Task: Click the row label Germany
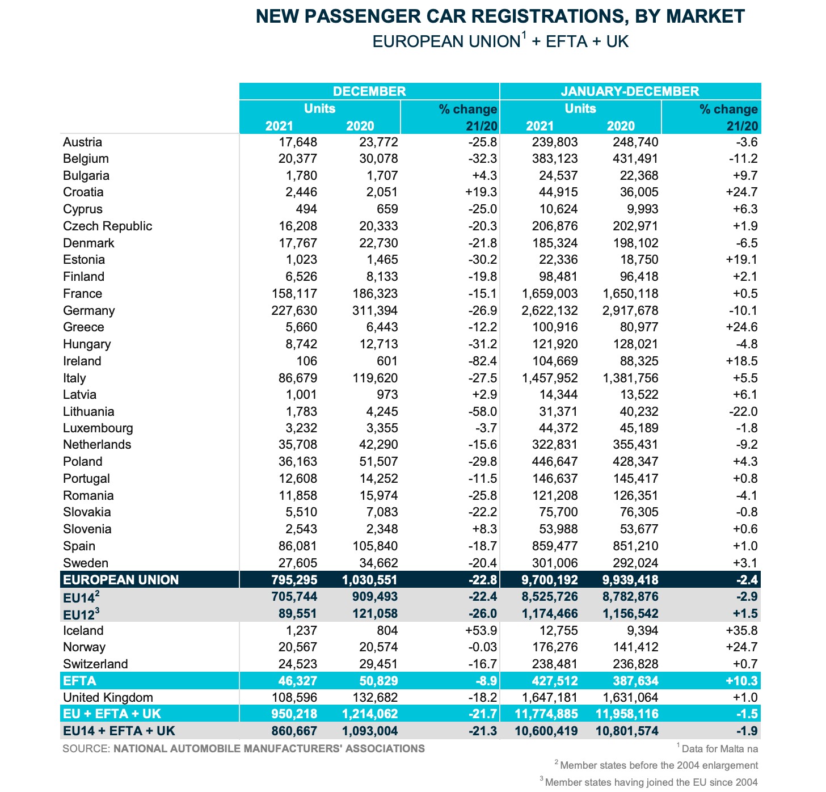[88, 310]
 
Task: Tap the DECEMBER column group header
[369, 91]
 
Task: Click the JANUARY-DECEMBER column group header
[630, 91]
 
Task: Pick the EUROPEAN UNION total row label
[121, 580]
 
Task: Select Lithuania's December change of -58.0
[482, 411]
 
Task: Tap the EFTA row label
[79, 681]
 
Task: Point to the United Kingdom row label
[108, 697]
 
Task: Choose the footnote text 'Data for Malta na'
[719, 749]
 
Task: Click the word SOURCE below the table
[86, 749]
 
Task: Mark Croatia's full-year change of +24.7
[741, 192]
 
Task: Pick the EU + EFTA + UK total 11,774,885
[546, 714]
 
